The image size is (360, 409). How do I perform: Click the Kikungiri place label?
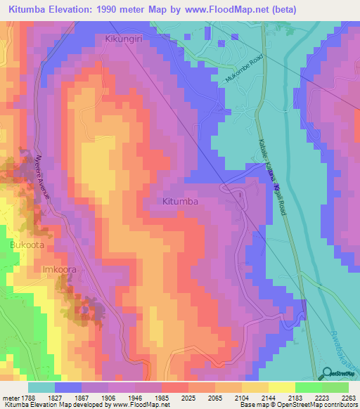coord(124,39)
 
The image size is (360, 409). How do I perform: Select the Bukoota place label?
coord(27,245)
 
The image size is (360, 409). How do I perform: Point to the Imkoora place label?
coord(59,269)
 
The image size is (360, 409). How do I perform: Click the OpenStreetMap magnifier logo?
coord(328,375)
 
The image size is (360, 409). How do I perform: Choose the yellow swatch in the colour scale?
coord(282,387)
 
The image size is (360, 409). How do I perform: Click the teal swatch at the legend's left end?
coord(41,387)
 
